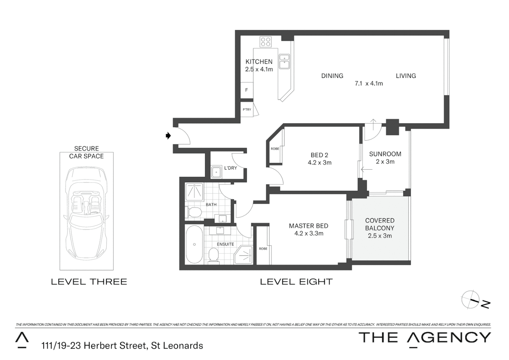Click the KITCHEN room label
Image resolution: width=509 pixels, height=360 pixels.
point(259,62)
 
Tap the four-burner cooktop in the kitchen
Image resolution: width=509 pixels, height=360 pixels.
point(266,42)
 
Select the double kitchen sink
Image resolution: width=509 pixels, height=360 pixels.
point(284,61)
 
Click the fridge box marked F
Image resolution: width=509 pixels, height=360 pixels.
point(247,90)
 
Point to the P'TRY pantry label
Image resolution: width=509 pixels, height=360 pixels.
point(247,110)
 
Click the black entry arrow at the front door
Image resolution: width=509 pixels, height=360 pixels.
point(168,136)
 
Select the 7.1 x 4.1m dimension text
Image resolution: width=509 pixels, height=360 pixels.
point(368,84)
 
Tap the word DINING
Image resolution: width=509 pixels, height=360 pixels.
point(332,76)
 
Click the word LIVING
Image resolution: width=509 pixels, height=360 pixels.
point(406,76)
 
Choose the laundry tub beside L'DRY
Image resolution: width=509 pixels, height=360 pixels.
point(217,172)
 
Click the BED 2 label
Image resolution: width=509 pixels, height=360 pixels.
point(319,155)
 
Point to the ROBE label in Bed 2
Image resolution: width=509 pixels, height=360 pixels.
point(275,149)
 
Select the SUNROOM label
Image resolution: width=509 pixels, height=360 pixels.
point(385,154)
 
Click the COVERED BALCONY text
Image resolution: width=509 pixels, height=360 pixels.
point(380,224)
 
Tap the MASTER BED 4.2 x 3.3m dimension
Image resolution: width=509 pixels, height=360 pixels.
point(308,234)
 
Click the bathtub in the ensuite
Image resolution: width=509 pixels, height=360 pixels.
point(194,244)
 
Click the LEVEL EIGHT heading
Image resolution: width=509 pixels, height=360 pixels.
point(296,282)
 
